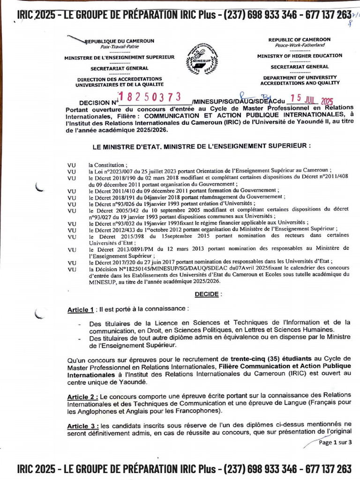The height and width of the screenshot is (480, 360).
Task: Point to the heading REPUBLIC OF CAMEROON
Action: pos(299,40)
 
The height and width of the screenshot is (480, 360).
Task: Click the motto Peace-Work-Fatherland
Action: pos(299,45)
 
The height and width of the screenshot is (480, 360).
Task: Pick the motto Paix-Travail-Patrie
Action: pos(119,47)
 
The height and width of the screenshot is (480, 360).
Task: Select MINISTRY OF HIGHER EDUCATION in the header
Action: pos(299,56)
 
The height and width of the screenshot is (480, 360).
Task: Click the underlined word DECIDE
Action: pos(206,294)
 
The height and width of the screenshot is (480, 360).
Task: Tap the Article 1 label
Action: pos(80,310)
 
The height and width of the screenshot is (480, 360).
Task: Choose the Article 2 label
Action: pos(82,397)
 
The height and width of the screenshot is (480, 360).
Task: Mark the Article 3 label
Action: pos(82,426)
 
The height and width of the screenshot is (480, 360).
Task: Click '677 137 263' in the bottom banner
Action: pos(328,468)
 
